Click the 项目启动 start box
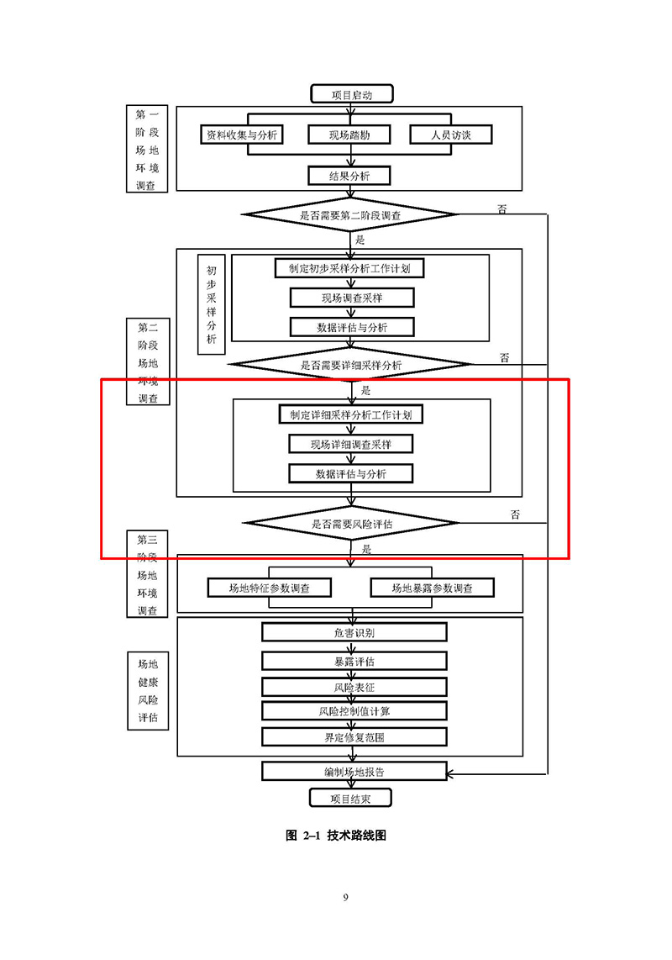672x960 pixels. pyautogui.click(x=351, y=94)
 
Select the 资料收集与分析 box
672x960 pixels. pyautogui.click(x=242, y=135)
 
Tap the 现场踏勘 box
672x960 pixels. pyautogui.click(x=349, y=135)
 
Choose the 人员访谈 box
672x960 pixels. pyautogui.click(x=450, y=135)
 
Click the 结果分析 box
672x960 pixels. pyautogui.click(x=349, y=176)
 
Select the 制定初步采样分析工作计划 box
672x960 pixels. pyautogui.click(x=349, y=268)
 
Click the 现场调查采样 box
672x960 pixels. pyautogui.click(x=351, y=298)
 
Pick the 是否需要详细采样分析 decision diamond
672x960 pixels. pyautogui.click(x=351, y=365)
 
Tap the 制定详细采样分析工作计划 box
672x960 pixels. pyautogui.click(x=351, y=414)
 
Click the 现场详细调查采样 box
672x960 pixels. pyautogui.click(x=351, y=444)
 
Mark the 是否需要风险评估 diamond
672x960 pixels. pyautogui.click(x=351, y=523)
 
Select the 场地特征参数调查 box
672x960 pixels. pyautogui.click(x=269, y=588)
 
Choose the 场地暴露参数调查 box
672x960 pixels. pyautogui.click(x=432, y=588)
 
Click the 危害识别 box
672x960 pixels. pyautogui.click(x=354, y=632)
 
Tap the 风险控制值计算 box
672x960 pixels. pyautogui.click(x=354, y=711)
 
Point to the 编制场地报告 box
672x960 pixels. pyautogui.click(x=354, y=771)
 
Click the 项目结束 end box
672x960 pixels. pyautogui.click(x=350, y=798)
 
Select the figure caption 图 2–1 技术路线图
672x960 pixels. pyautogui.click(x=336, y=836)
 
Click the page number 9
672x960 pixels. pyautogui.click(x=345, y=898)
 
